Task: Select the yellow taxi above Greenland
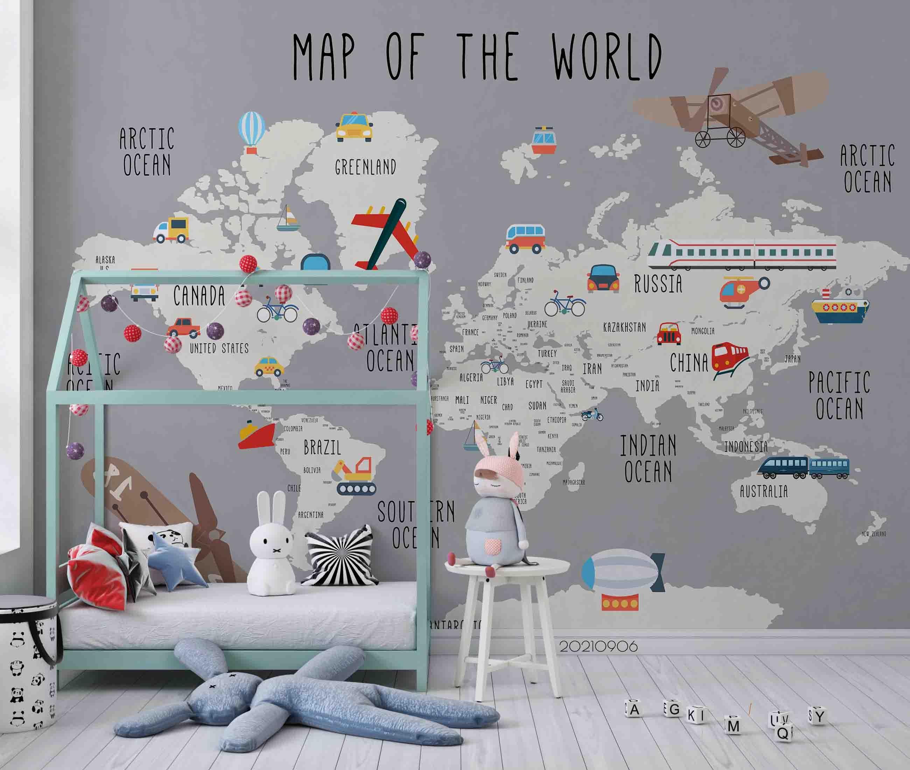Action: click(354, 127)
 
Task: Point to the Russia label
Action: click(658, 284)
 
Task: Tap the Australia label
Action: click(763, 491)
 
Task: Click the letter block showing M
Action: click(734, 726)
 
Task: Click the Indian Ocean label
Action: click(648, 458)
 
